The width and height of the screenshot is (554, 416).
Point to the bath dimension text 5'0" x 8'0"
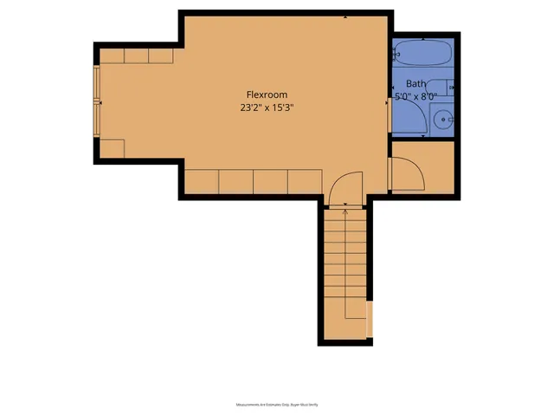416,97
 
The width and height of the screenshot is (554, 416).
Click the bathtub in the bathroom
422,54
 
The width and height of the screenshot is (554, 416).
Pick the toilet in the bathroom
443,86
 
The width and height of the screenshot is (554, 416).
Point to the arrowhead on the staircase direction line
346,209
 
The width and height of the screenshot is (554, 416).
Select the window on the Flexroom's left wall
97,102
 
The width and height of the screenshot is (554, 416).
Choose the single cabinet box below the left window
112,148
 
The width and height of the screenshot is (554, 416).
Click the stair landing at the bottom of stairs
346,325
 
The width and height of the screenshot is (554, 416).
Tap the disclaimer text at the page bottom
276,404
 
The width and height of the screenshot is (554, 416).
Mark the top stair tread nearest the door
346,215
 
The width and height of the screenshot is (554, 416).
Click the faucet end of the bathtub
399,54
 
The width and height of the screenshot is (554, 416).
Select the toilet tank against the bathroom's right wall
453,86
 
